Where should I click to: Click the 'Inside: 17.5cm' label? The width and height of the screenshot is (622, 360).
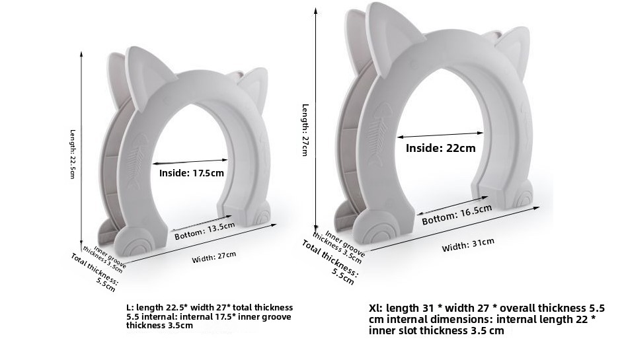(192, 173)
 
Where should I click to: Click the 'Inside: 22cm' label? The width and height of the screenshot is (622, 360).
(440, 148)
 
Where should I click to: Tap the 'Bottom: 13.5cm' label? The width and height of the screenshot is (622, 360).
(205, 231)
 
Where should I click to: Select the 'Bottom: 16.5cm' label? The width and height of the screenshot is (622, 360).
(457, 215)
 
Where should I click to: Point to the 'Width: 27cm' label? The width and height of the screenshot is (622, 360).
(214, 257)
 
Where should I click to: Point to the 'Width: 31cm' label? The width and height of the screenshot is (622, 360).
(468, 244)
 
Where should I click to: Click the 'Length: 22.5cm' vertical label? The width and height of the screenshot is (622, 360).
(73, 154)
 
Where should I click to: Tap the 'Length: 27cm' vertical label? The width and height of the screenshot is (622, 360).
(305, 130)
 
